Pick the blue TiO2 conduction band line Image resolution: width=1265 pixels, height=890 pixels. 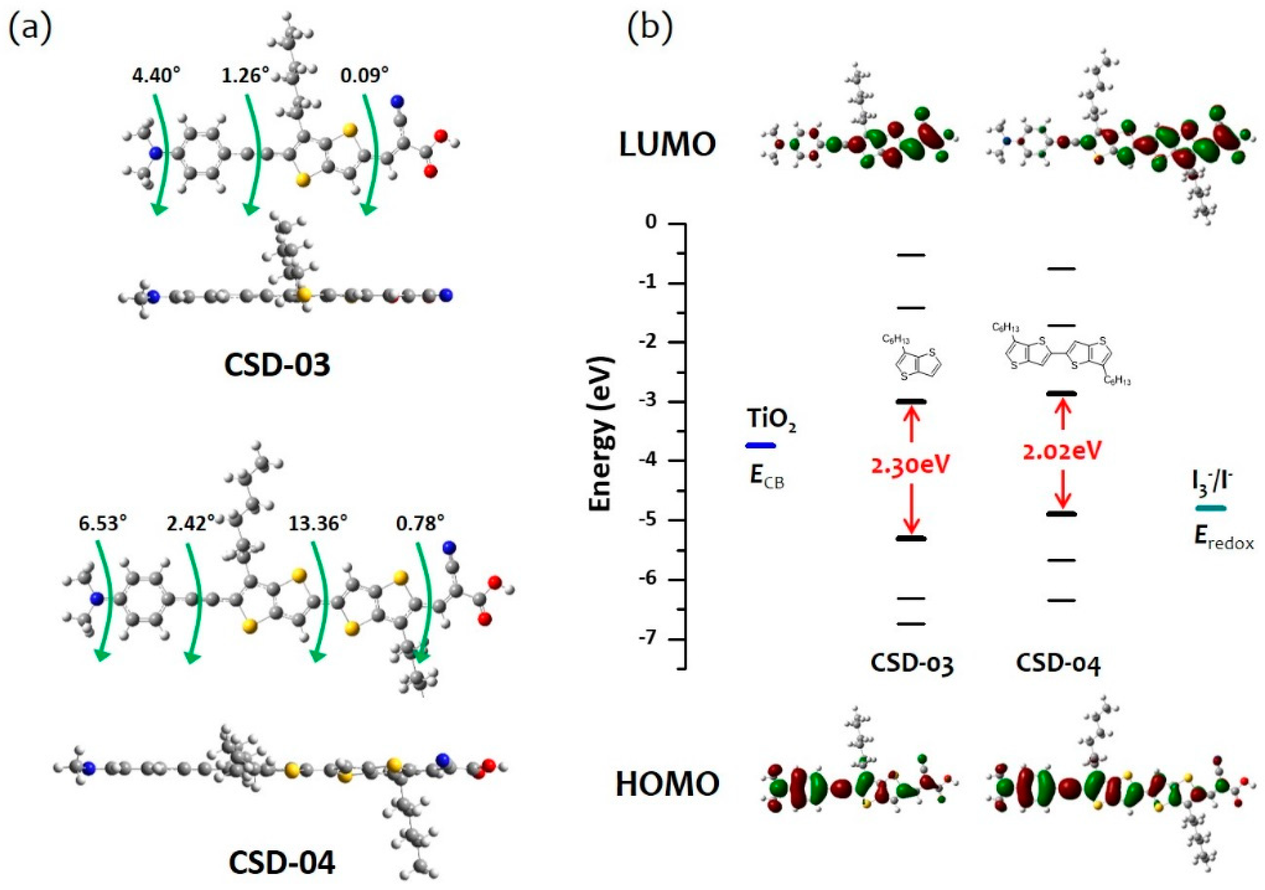pyautogui.click(x=760, y=445)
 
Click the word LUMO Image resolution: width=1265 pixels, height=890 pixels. pyautogui.click(x=667, y=145)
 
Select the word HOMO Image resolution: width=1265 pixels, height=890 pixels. pyautogui.click(x=667, y=783)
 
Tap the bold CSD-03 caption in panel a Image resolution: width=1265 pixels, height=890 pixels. pyautogui.click(x=277, y=364)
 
